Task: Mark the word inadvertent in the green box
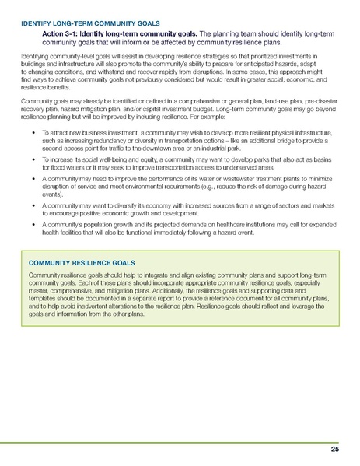tap(100, 305)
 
